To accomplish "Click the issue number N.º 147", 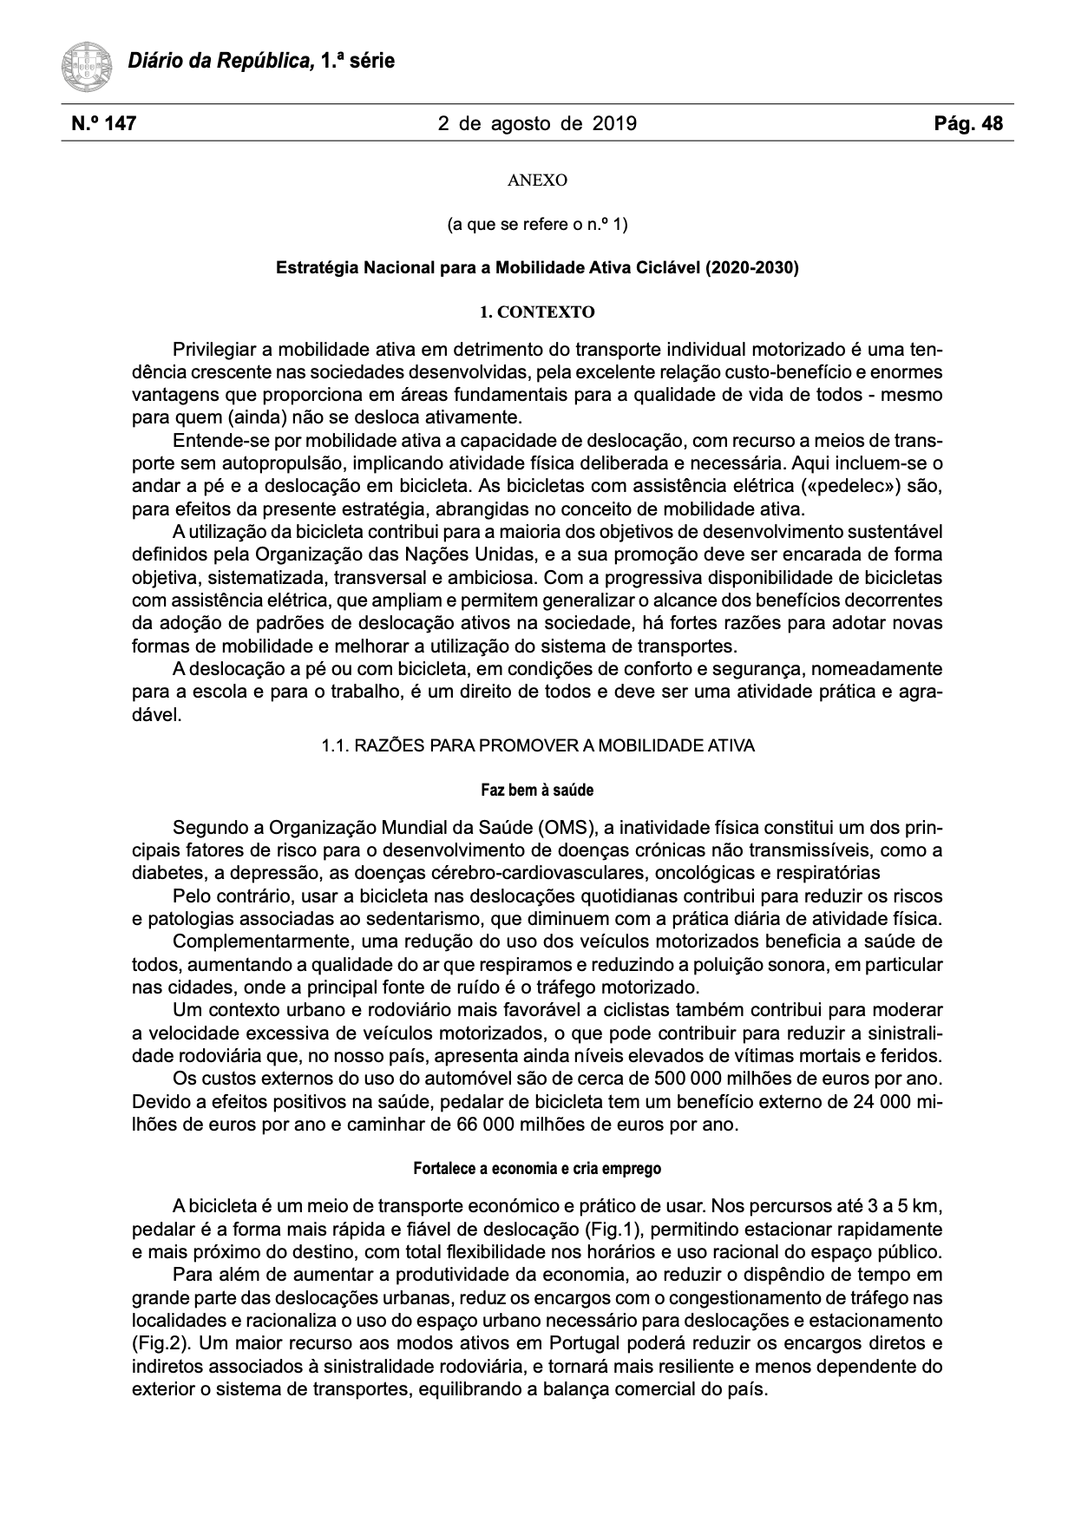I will coord(103,124).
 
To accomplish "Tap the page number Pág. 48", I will coord(968,124).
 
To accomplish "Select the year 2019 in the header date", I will coord(614,124).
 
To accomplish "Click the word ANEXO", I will coord(537,180).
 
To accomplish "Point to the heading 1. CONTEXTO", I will coord(537,312).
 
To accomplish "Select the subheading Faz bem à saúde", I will coord(537,791).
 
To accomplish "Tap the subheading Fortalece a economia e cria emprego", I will coord(537,1169).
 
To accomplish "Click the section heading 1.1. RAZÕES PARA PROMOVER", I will coord(537,746).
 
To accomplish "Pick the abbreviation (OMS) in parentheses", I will coord(566,827).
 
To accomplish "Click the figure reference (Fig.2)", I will coord(156,1343).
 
